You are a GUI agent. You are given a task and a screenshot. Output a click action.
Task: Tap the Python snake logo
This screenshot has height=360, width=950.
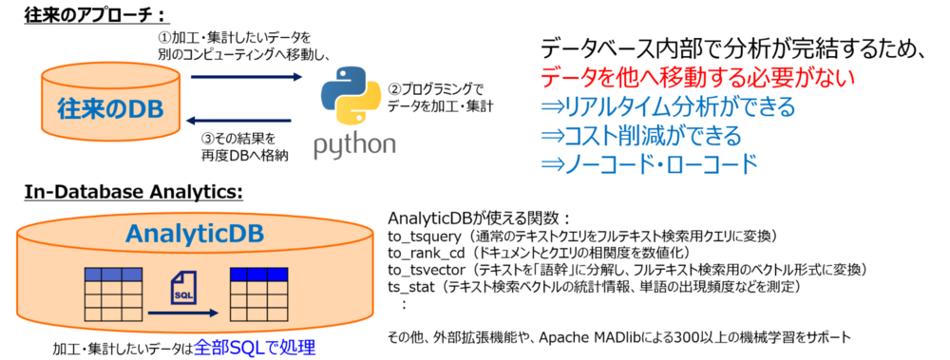[x=350, y=102]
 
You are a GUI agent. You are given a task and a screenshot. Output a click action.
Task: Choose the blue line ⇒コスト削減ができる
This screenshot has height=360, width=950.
[x=641, y=134]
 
